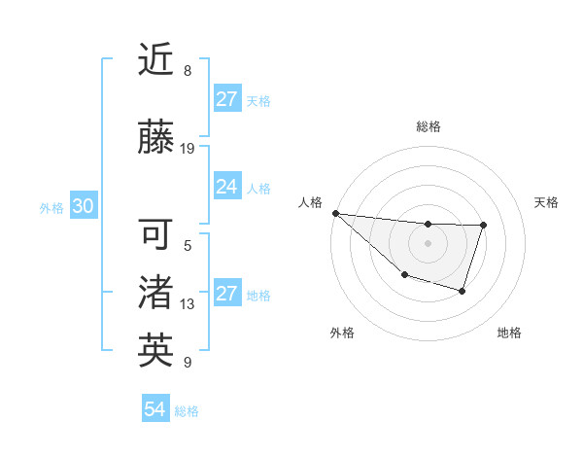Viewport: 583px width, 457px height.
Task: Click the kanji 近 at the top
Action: point(155,61)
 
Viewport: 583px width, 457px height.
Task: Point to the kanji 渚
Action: point(155,293)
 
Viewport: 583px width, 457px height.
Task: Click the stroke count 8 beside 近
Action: point(187,71)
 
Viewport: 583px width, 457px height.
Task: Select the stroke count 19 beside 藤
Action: point(189,149)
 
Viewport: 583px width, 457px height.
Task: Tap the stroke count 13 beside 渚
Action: point(188,304)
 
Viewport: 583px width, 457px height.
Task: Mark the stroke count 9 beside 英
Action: point(187,363)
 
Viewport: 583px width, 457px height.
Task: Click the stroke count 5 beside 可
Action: point(187,246)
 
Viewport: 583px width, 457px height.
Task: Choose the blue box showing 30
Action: point(83,207)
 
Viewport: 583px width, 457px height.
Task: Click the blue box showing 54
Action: point(155,410)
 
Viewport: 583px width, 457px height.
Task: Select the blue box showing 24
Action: point(227,187)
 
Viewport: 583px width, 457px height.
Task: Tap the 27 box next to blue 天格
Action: point(227,99)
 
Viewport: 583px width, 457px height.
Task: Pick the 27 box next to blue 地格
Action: point(227,295)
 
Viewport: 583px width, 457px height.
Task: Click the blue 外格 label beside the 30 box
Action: point(51,208)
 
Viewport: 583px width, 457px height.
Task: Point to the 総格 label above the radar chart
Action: point(429,127)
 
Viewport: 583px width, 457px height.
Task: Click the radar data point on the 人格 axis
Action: point(335,213)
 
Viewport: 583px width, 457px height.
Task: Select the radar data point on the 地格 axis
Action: point(463,291)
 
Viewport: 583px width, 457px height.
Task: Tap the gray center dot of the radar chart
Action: point(428,243)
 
